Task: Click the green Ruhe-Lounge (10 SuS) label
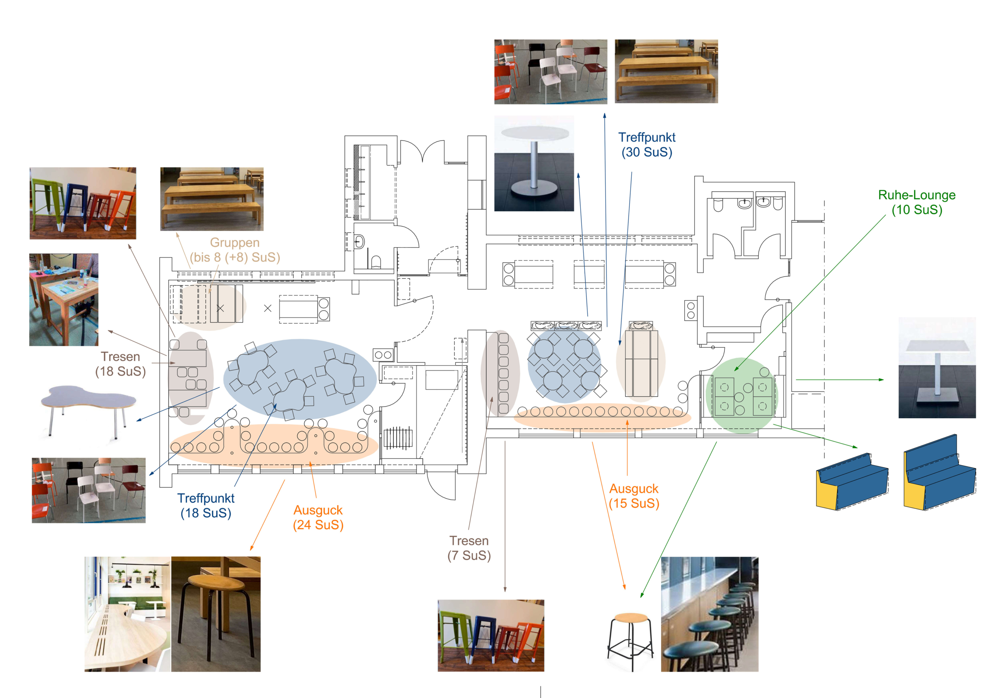tap(916, 202)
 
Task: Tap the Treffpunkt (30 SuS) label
tap(647, 145)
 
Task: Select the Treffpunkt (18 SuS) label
tap(206, 505)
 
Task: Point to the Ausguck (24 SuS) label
tap(318, 518)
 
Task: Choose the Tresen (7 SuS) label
tap(469, 548)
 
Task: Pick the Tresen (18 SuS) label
tap(120, 364)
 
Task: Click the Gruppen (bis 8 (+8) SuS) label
tap(235, 250)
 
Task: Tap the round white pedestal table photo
tap(534, 163)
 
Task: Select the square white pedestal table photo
tap(937, 367)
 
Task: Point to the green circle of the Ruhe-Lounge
tap(741, 395)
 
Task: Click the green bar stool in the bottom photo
tap(451, 632)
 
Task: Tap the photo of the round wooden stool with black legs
tap(216, 614)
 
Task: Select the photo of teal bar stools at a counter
tap(709, 614)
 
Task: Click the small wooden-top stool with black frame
tap(630, 641)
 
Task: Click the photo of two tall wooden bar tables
tap(64, 299)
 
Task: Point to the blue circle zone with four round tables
tap(564, 365)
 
